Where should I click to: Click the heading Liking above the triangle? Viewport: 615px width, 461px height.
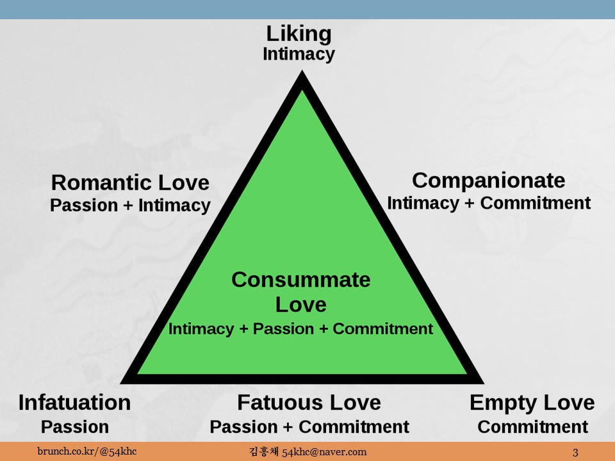point(299,34)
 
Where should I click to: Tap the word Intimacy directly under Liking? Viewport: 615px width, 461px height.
point(299,54)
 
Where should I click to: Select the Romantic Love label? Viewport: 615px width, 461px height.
point(130,183)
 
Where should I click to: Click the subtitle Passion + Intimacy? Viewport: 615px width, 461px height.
point(130,206)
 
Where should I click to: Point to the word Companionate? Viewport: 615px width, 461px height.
point(488,181)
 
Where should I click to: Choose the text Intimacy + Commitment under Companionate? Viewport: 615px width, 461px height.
point(488,203)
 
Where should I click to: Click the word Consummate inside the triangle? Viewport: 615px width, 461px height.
point(300,280)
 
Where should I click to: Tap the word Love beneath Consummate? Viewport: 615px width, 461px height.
point(300,304)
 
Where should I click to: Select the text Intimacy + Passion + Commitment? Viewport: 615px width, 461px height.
point(300,329)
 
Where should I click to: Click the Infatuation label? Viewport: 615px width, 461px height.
point(74,403)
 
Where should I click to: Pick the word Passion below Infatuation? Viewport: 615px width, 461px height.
point(74,426)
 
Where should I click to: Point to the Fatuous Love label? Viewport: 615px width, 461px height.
point(309,403)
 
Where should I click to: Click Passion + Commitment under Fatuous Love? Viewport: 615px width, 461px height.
point(309,426)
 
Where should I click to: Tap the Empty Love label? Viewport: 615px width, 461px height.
point(532,403)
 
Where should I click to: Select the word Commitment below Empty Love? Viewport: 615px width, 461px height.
point(532,426)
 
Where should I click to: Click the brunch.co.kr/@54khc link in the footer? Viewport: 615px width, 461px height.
point(86,452)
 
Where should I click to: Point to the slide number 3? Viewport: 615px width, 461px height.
point(575,453)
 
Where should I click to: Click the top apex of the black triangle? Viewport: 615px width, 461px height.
point(301,76)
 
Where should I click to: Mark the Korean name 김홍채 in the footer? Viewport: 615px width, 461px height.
point(263,452)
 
